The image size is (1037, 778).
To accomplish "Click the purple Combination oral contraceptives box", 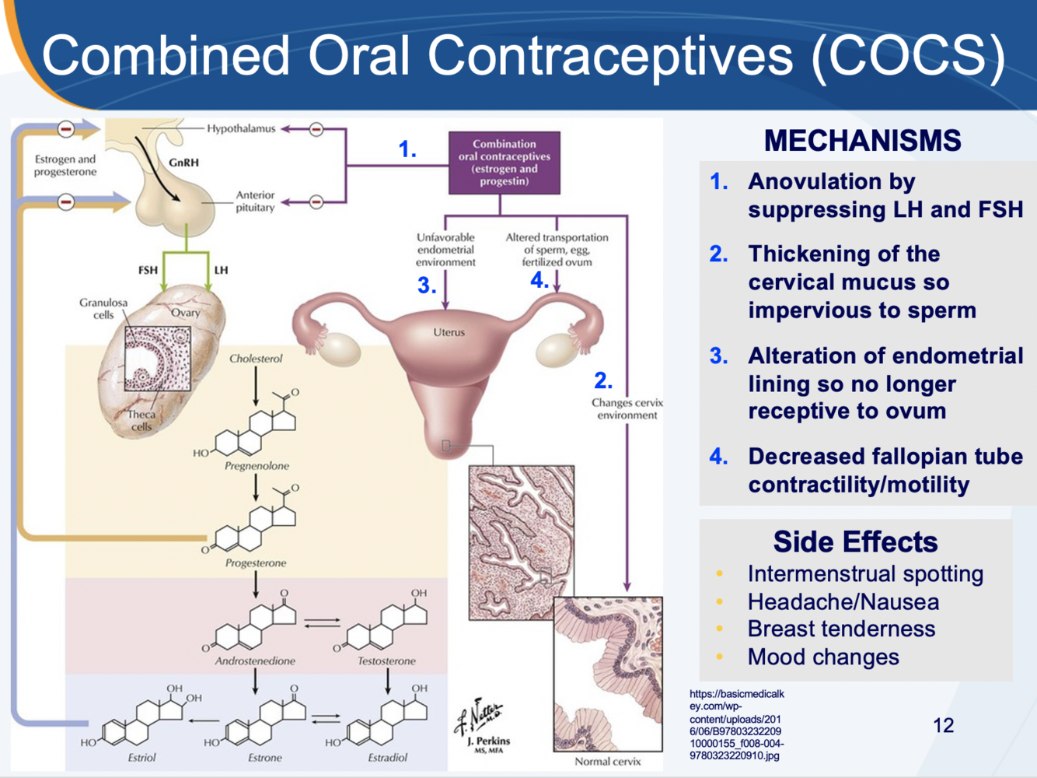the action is (x=504, y=163).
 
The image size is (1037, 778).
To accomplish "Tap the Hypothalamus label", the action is (x=241, y=128).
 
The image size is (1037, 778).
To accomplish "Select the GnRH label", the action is (x=183, y=163).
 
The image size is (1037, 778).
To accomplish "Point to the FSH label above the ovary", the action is (x=148, y=270).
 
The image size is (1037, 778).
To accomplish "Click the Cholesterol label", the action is (x=256, y=359).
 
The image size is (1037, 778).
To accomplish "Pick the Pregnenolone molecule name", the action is (x=257, y=466).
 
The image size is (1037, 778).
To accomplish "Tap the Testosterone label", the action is (x=386, y=661).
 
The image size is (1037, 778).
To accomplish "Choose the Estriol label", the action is (x=141, y=757).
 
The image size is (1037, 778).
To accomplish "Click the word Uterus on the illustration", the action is (x=449, y=332).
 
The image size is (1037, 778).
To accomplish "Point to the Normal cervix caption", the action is (x=607, y=762).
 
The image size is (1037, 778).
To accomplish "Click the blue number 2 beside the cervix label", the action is (x=603, y=380).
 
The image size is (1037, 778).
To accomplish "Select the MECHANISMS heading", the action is (x=862, y=141).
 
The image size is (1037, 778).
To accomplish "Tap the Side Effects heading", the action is (x=855, y=541).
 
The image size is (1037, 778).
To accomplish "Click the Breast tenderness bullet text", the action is (x=841, y=629).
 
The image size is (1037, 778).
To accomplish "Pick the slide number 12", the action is (x=943, y=725).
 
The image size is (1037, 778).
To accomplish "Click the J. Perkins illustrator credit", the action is (x=488, y=741).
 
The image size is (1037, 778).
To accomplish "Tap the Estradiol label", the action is (x=387, y=757).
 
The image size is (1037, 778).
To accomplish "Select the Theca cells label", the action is (x=141, y=420).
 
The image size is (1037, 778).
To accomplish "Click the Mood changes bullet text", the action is (x=823, y=657).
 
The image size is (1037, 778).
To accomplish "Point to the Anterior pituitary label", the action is (x=255, y=202).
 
